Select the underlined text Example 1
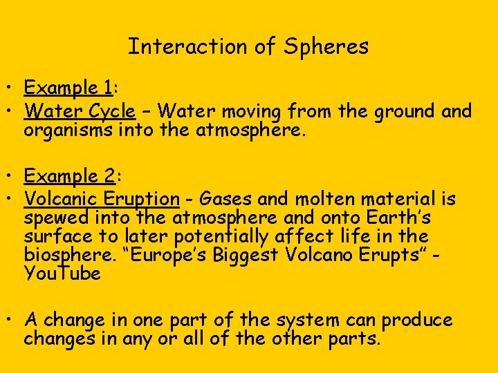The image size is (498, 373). (68, 88)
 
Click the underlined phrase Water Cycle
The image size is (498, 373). (80, 111)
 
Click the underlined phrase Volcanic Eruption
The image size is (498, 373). (102, 199)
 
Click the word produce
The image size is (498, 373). (417, 321)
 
